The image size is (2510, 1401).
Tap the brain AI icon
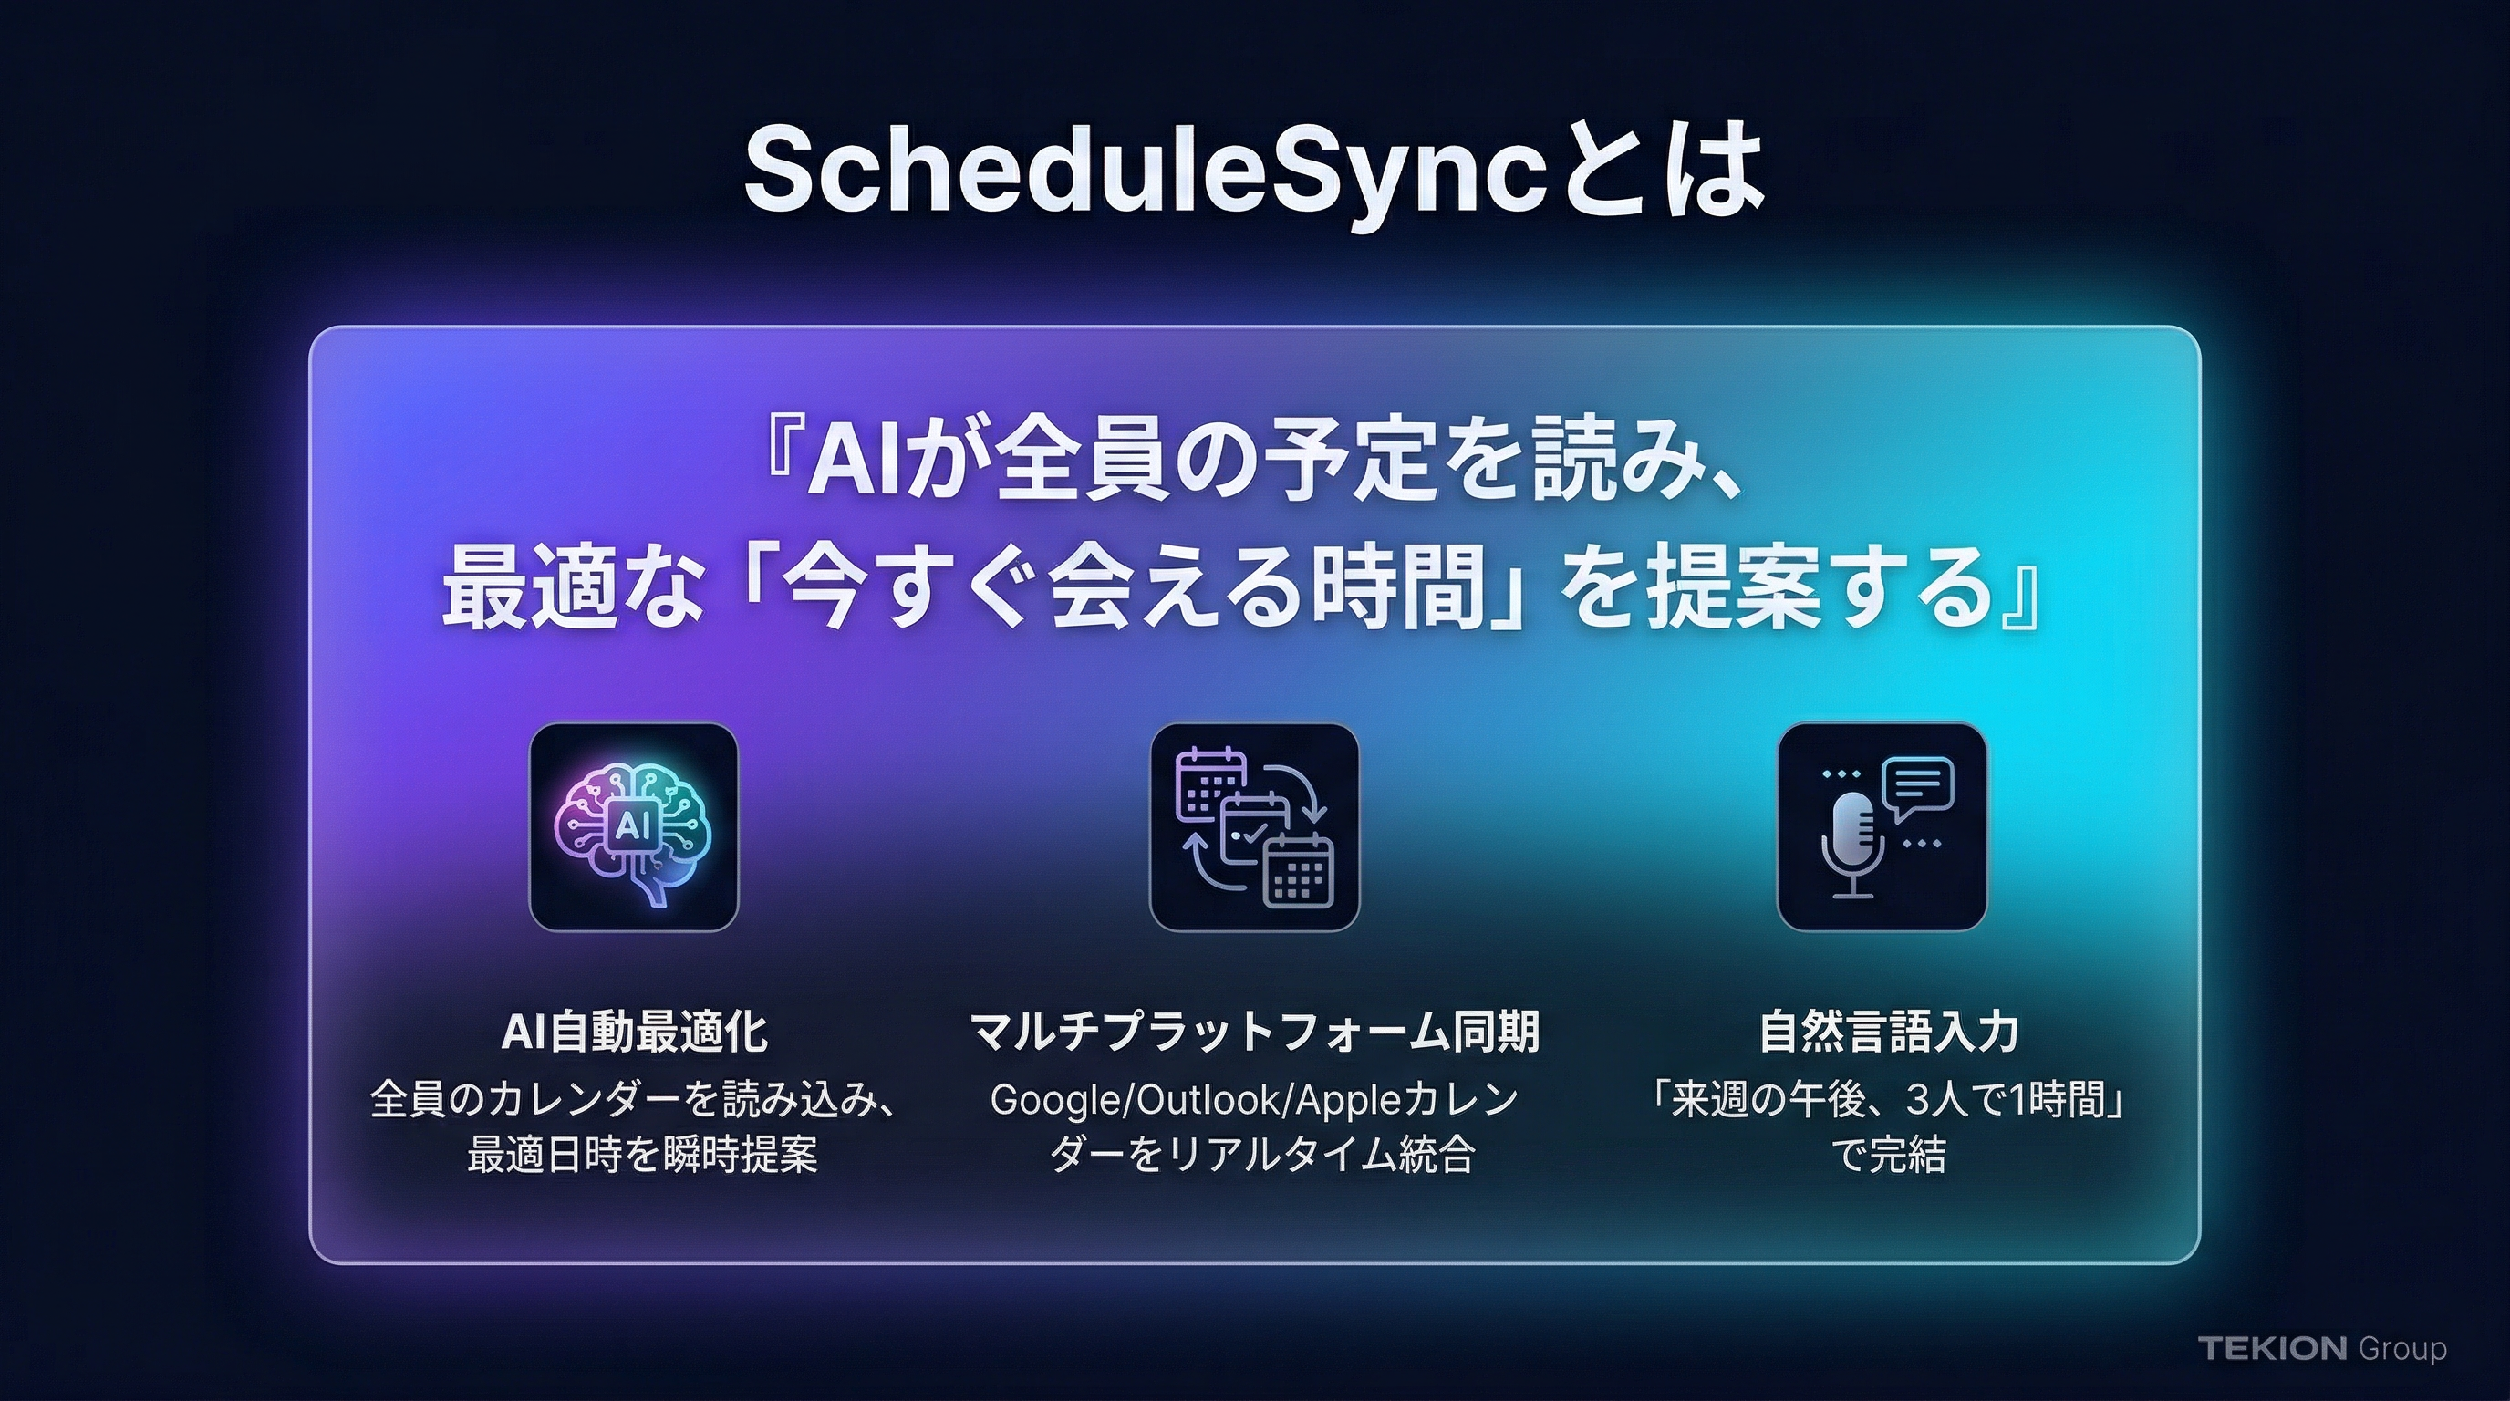(633, 827)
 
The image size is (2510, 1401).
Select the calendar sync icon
(1255, 827)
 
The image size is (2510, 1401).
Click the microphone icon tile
(1882, 827)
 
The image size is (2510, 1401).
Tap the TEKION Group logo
(2322, 1348)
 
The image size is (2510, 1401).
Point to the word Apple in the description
(1354, 1101)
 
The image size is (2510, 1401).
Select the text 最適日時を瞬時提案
(642, 1157)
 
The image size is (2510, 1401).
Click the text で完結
(1889, 1157)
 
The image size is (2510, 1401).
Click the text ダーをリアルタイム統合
(1261, 1157)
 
